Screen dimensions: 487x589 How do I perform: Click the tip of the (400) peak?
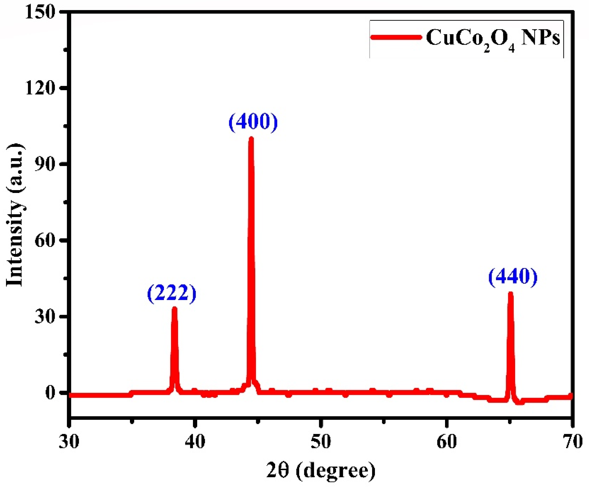point(251,139)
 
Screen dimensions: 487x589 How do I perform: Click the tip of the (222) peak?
point(174,309)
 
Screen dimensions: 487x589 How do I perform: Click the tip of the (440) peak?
point(510,294)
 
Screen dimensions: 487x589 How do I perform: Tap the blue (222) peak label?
point(172,293)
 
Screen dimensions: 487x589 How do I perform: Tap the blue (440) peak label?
point(513,277)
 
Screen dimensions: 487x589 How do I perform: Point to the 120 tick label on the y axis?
point(40,88)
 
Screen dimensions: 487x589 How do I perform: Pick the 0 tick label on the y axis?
point(50,393)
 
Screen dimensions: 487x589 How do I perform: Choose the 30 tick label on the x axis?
point(69,441)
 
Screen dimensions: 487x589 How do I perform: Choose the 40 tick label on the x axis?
point(195,441)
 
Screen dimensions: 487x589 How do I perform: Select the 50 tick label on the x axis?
point(321,441)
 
